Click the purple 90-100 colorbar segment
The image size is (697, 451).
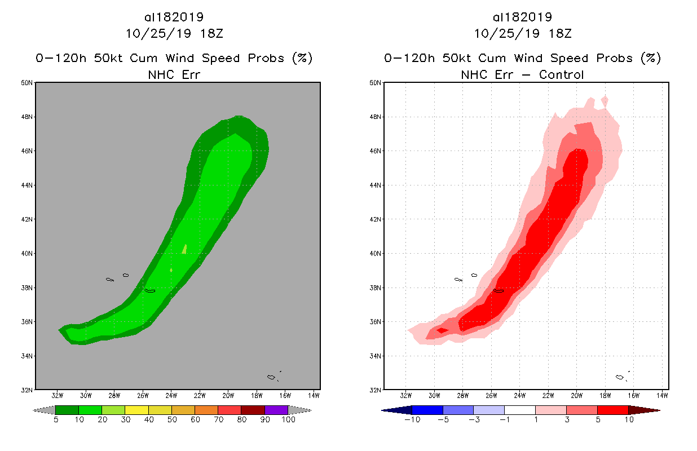[276, 410]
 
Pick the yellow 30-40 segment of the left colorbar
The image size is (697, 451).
[136, 410]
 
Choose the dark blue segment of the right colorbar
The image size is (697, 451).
[427, 410]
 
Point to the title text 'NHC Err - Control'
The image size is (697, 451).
[522, 74]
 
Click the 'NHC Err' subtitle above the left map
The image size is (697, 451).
[174, 74]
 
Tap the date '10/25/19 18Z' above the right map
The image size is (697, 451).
[522, 33]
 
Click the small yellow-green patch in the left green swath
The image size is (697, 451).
[184, 249]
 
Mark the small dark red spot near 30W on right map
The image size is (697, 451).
[442, 330]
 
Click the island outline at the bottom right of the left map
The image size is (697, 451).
[273, 376]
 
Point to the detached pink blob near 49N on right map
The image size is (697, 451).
[605, 101]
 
